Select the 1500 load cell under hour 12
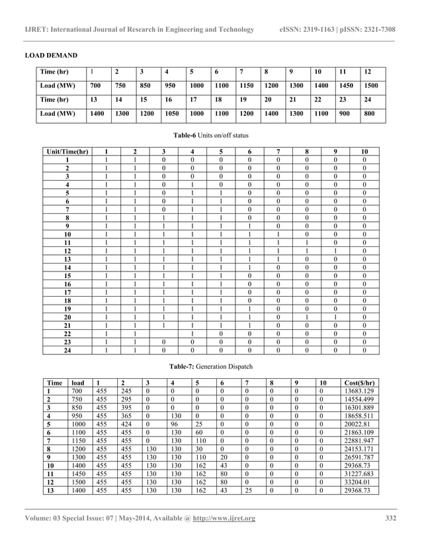tap(372, 86)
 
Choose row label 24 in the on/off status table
tap(67, 350)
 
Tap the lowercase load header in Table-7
tap(78, 383)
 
